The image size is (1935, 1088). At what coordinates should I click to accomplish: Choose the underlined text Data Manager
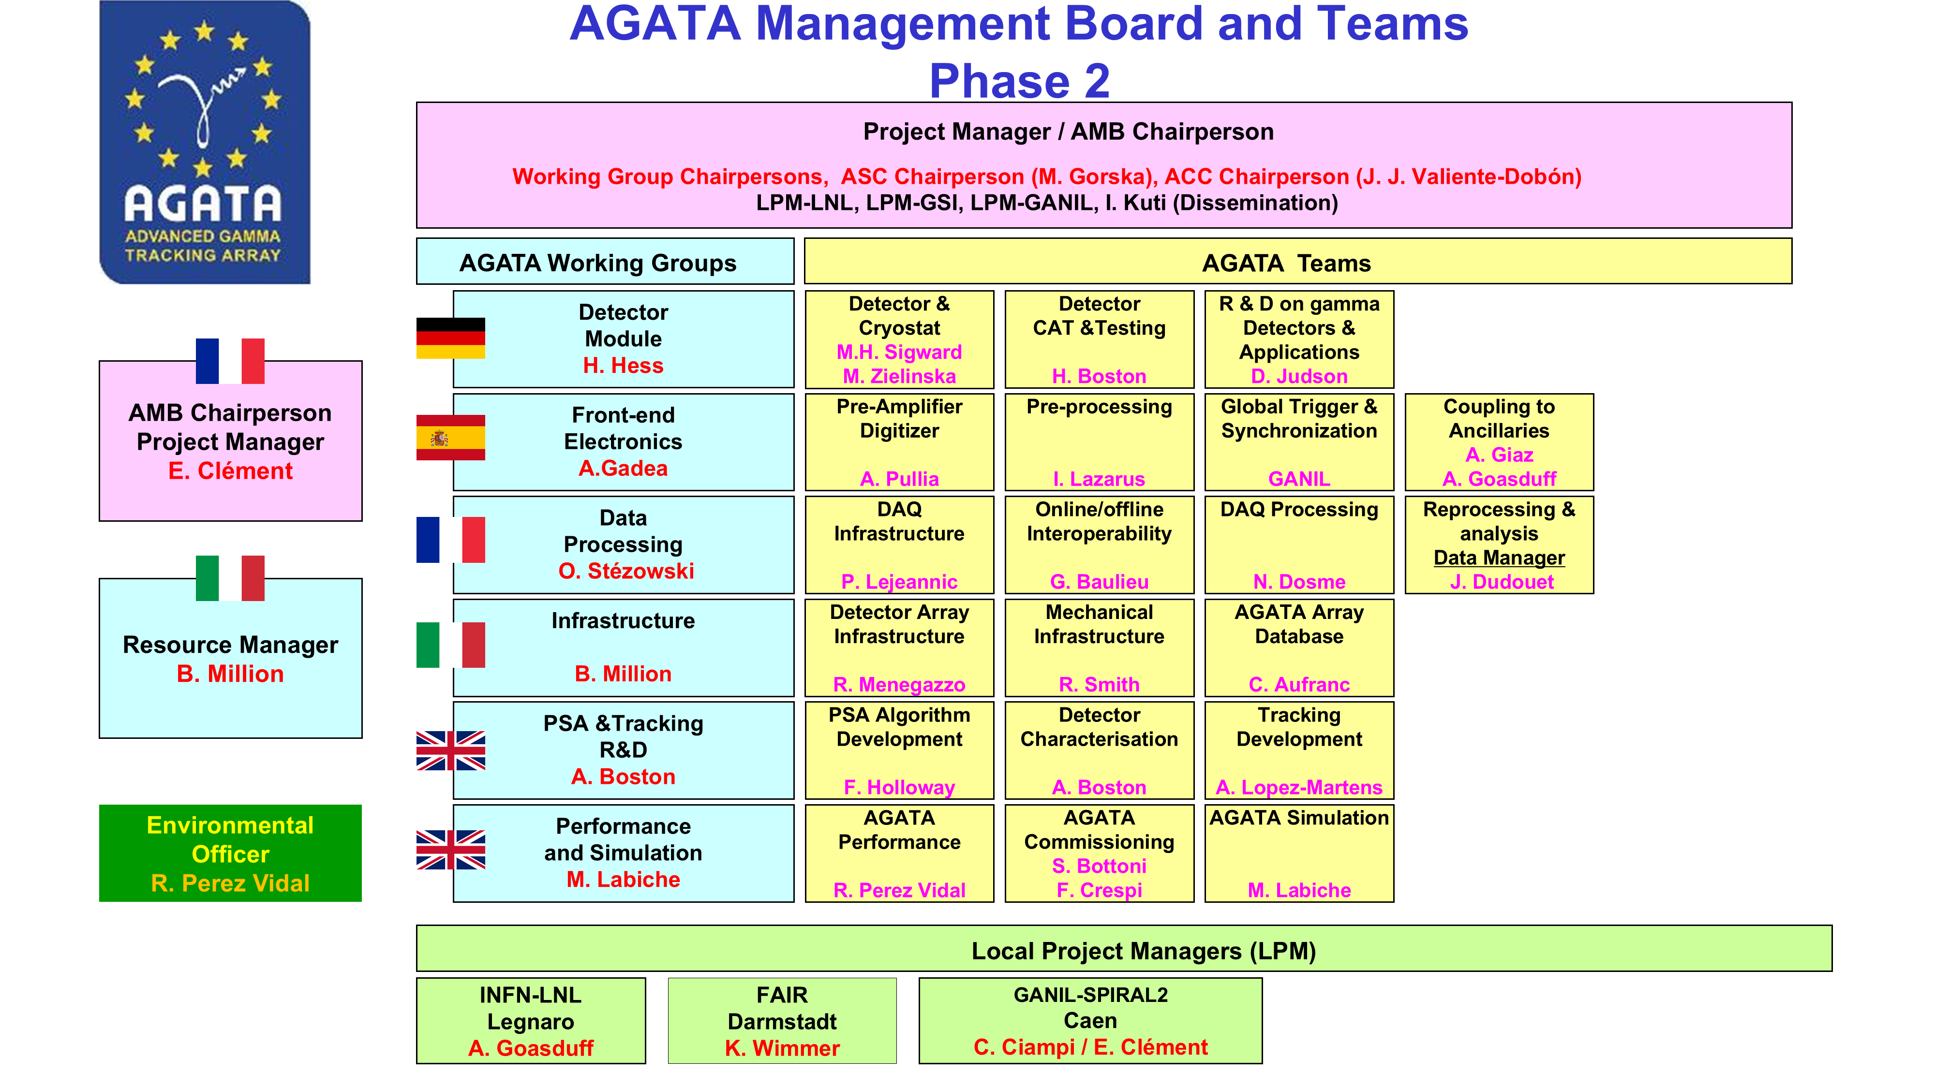[1499, 558]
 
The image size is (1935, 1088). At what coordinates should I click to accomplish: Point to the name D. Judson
[1299, 376]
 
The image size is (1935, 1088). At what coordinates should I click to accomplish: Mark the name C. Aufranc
[1299, 684]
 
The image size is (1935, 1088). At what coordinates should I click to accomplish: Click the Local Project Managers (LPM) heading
[1143, 951]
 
